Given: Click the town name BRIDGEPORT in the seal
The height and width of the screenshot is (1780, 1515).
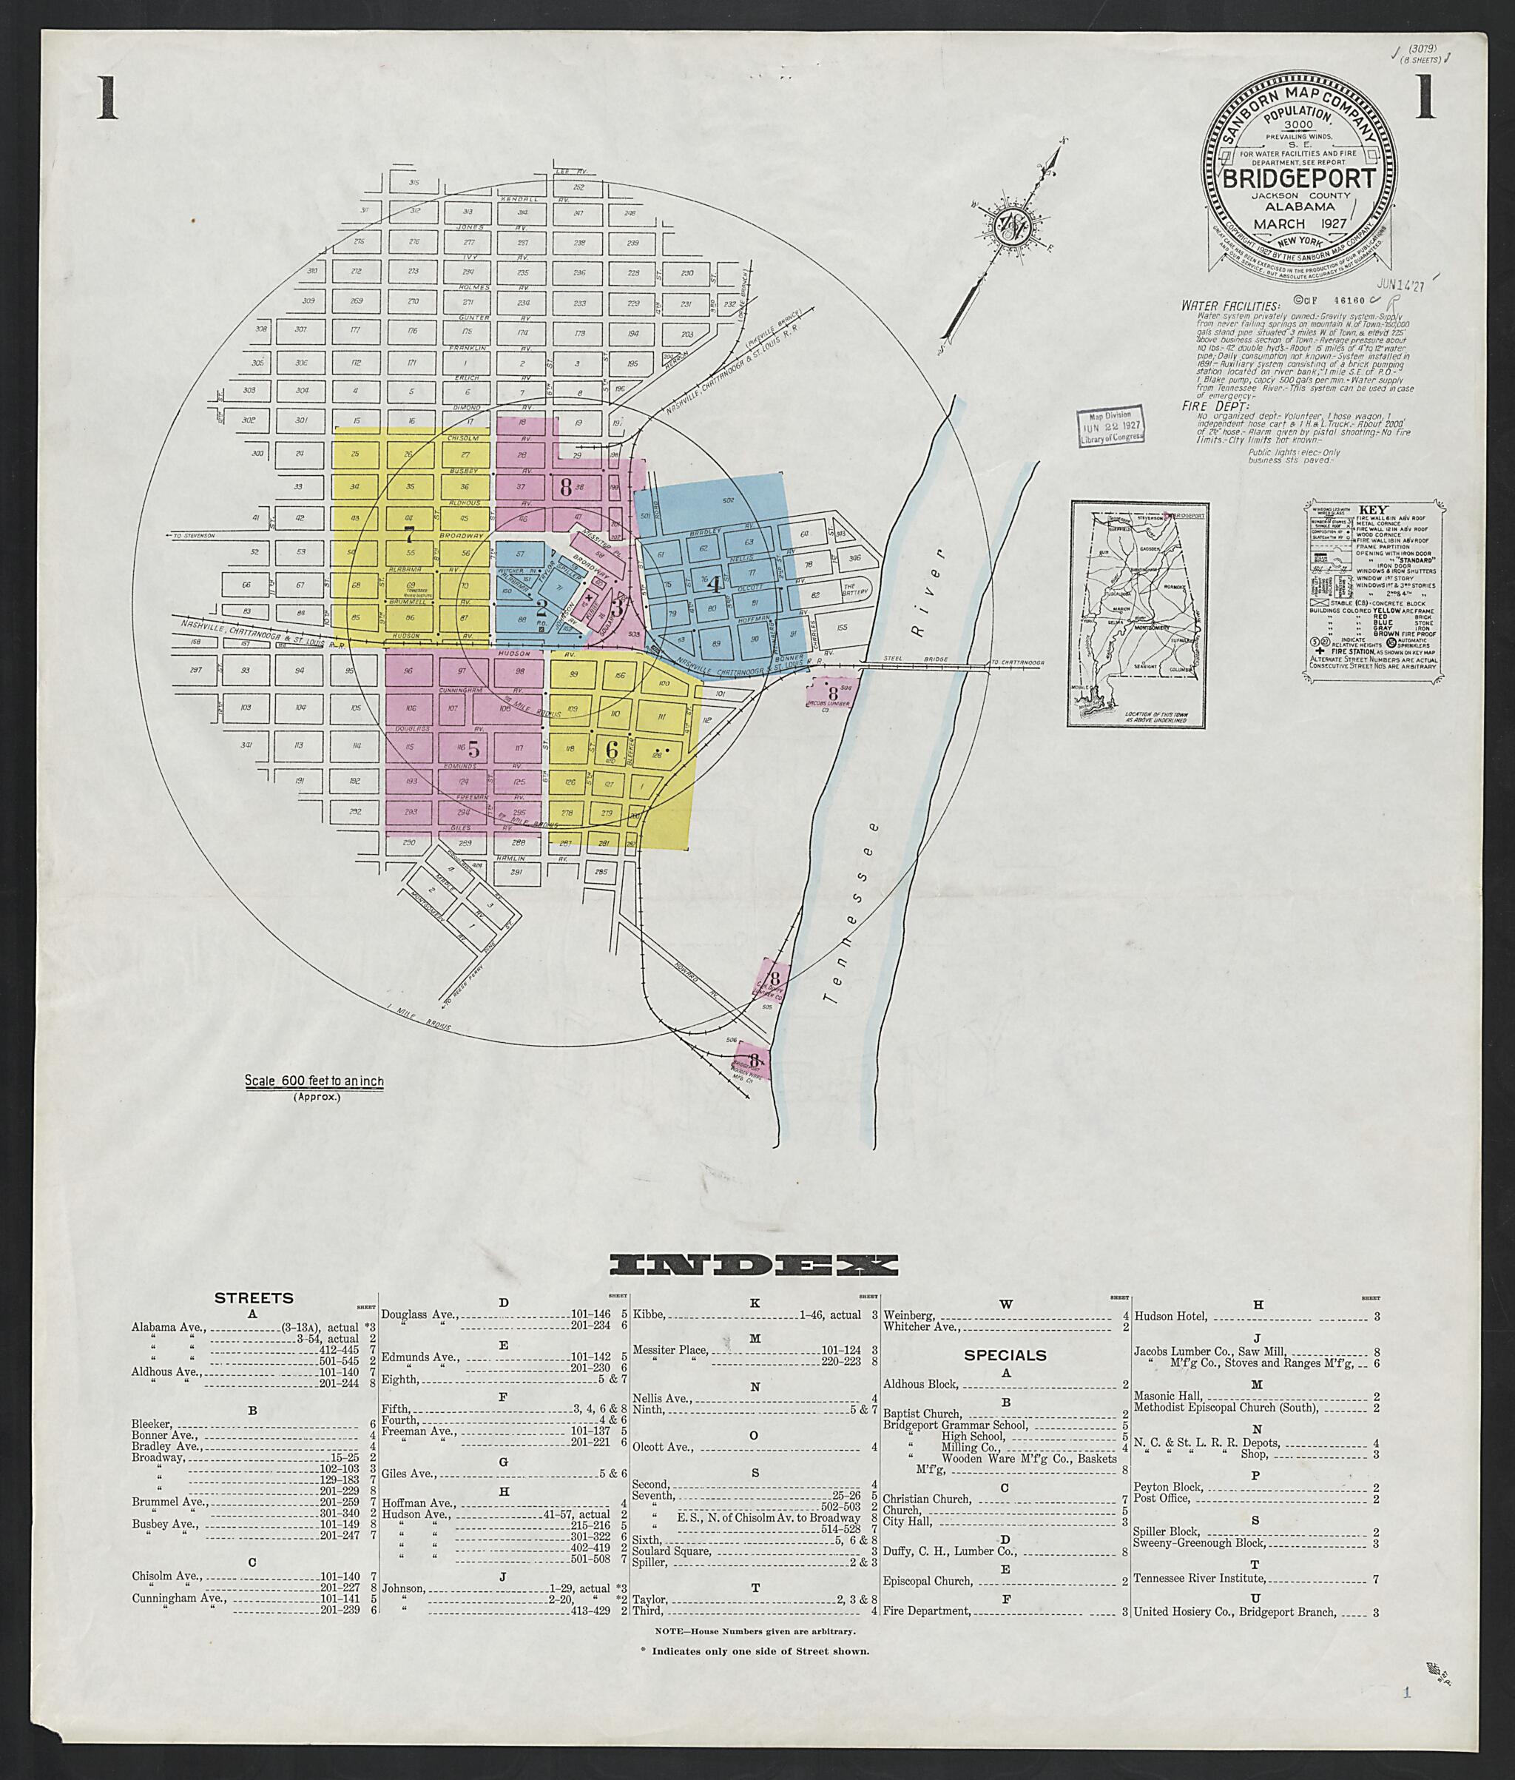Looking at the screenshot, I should coord(1298,180).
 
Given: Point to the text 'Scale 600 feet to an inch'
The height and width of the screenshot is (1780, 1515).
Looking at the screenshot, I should coord(314,1081).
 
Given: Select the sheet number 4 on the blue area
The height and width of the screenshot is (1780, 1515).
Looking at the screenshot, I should coord(714,586).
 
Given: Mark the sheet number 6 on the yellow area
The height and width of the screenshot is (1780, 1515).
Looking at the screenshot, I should coord(612,748).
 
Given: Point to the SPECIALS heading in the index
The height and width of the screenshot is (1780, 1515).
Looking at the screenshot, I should coord(1004,1354).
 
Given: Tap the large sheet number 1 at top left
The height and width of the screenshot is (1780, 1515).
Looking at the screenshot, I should coord(106,98).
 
